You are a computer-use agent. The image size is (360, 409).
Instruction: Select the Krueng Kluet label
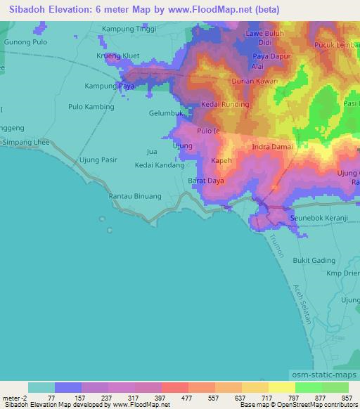point(118,56)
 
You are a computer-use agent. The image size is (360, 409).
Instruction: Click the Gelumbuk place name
point(166,113)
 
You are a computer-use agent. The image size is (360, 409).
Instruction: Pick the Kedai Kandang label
point(160,166)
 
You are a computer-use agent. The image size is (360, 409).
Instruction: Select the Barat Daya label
point(206,181)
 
